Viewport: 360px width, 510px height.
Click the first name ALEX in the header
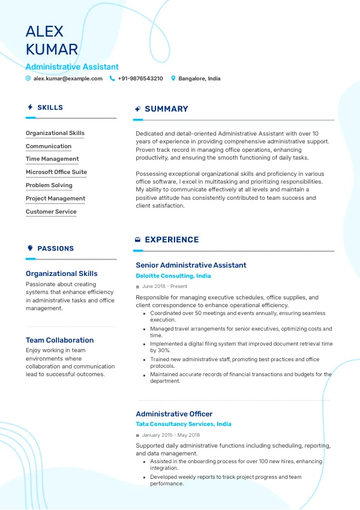[44, 31]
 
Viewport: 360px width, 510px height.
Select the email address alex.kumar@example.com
[68, 79]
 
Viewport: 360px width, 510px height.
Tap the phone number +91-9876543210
[140, 79]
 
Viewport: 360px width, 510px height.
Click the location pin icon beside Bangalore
[173, 79]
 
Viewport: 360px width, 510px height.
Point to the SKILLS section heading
[50, 107]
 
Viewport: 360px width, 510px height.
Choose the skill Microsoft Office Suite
[56, 172]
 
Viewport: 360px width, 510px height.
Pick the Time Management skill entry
[52, 159]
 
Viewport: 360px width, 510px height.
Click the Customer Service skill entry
[51, 212]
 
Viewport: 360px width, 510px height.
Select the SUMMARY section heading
[166, 109]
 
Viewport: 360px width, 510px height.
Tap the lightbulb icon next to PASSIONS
[30, 248]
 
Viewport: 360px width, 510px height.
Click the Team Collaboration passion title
[59, 340]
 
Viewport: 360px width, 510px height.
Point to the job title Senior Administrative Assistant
[191, 265]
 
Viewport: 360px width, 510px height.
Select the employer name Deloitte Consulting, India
[173, 276]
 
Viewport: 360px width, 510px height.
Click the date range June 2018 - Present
[164, 287]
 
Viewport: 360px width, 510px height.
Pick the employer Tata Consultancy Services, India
[183, 424]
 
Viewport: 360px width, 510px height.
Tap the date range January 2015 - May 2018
[171, 435]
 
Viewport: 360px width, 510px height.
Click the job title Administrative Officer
[174, 414]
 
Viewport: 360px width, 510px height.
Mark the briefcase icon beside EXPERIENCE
[137, 239]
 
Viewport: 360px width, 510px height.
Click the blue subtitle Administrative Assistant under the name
[72, 67]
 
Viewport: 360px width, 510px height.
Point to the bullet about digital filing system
[240, 347]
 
